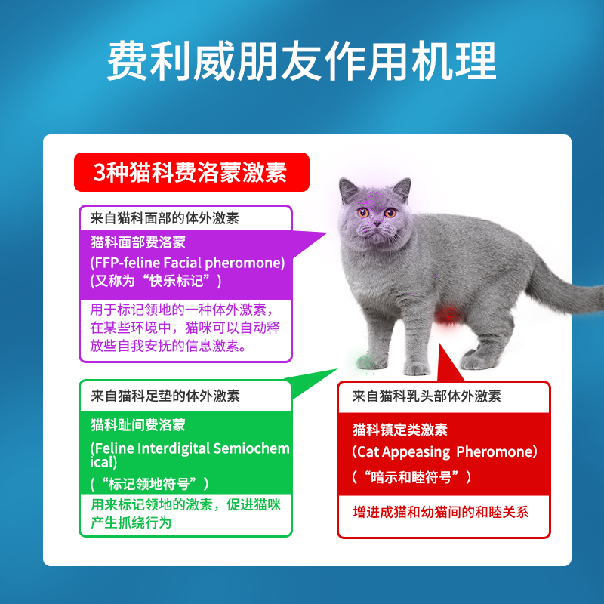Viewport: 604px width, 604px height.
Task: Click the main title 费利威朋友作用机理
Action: pyautogui.click(x=301, y=61)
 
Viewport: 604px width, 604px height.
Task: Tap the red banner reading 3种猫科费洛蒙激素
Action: pyautogui.click(x=192, y=172)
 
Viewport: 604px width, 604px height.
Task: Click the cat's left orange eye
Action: pyautogui.click(x=390, y=213)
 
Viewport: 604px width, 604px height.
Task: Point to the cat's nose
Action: pyautogui.click(x=377, y=223)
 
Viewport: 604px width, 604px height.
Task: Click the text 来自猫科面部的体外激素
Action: pyautogui.click(x=165, y=218)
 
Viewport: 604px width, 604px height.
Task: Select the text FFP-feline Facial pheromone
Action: pyautogui.click(x=187, y=263)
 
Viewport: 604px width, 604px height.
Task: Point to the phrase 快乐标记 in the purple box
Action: pyautogui.click(x=176, y=280)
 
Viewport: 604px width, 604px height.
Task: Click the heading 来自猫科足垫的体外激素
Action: pyautogui.click(x=165, y=396)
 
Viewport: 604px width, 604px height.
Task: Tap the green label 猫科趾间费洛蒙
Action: pyautogui.click(x=138, y=425)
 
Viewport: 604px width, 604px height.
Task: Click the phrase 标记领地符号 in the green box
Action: pyautogui.click(x=149, y=484)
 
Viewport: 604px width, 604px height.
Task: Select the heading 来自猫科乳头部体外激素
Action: pyautogui.click(x=427, y=396)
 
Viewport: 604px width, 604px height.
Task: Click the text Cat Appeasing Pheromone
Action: pyautogui.click(x=445, y=451)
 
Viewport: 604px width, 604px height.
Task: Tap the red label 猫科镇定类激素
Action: pyautogui.click(x=400, y=430)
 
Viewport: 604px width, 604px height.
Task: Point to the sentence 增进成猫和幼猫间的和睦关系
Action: pyautogui.click(x=441, y=513)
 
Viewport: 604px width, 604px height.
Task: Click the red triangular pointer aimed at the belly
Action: pyautogui.click(x=448, y=364)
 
